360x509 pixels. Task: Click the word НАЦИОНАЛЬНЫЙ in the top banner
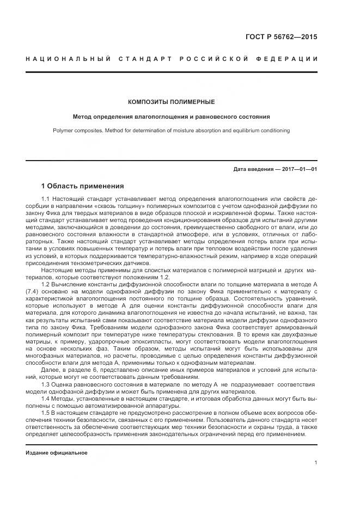click(x=68, y=59)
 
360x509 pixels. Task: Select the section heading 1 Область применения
click(x=83, y=186)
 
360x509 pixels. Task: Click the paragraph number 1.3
click(x=46, y=384)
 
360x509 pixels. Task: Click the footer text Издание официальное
click(x=57, y=452)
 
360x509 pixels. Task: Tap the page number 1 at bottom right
click(x=315, y=463)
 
